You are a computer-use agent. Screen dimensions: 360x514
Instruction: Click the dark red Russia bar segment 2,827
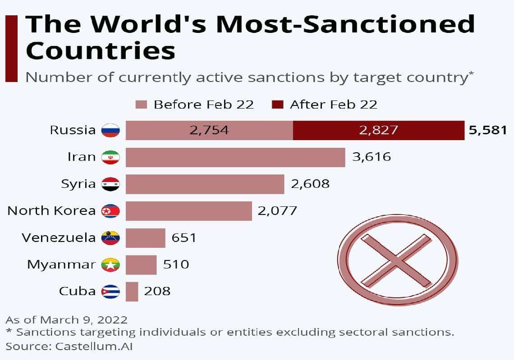coord(378,130)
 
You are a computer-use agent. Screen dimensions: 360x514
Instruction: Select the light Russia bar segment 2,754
coord(209,130)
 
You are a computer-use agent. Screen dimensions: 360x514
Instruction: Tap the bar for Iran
coord(235,157)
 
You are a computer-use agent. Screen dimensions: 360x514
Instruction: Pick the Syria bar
coord(205,184)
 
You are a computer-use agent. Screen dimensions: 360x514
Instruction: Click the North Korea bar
coord(188,211)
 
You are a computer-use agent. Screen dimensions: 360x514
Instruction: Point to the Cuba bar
coord(132,292)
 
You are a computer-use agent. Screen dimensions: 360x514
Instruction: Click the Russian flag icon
coord(110,130)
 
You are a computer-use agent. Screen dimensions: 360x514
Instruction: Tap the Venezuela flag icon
coord(110,237)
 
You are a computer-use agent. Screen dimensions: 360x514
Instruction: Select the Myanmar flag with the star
coord(110,264)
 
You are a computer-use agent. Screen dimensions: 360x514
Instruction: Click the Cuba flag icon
coord(110,292)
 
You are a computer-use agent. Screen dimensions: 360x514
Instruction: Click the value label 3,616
coord(371,157)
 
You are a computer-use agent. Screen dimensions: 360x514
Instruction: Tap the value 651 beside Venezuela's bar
coord(184,237)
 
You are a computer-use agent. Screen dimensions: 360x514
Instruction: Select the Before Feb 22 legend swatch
coord(142,105)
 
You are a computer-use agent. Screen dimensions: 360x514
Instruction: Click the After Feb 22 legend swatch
coord(277,105)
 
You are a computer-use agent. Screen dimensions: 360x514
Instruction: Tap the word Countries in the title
coord(100,51)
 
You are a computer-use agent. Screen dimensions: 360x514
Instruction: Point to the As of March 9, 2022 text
coord(66,320)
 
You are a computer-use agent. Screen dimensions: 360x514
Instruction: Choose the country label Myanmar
coord(61,264)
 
